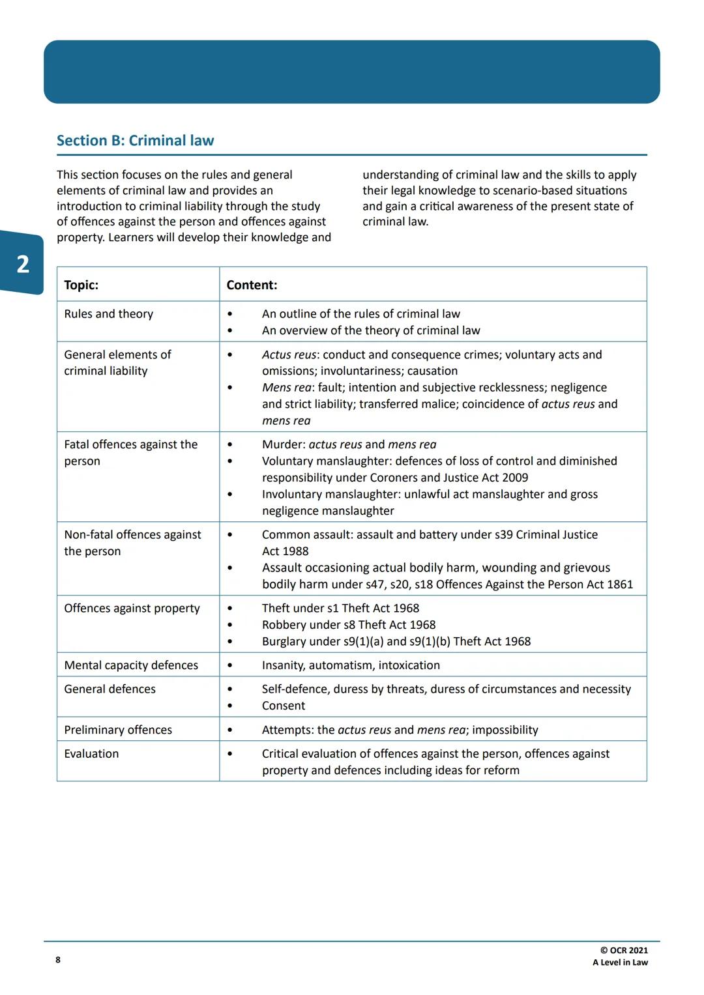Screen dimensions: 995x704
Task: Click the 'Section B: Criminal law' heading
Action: tap(135, 141)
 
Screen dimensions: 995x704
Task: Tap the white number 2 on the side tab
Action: tap(23, 264)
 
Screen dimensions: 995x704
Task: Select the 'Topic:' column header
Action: tap(81, 285)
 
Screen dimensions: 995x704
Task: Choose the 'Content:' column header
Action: tap(252, 285)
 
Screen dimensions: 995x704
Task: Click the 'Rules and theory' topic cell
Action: tap(108, 314)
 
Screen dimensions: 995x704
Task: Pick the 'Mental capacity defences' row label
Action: tap(131, 665)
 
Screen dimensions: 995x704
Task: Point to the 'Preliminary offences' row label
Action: tap(118, 730)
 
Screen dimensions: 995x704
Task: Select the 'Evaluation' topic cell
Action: tap(91, 754)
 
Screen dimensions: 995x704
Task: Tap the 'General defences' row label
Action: tap(110, 689)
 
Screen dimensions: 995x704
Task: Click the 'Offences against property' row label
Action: tap(132, 609)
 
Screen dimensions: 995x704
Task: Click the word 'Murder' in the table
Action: tap(283, 444)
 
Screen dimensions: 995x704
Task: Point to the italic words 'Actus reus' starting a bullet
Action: tap(289, 354)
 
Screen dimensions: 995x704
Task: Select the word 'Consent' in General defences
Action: tap(284, 706)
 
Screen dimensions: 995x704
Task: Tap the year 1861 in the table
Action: tap(619, 584)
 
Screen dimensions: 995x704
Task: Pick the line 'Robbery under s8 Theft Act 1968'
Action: tap(349, 625)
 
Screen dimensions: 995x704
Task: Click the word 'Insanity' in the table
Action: tap(283, 665)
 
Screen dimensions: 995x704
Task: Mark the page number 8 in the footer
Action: tap(58, 960)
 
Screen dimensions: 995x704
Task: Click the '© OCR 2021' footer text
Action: tap(624, 951)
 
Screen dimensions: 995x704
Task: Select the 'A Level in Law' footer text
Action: tap(620, 962)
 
